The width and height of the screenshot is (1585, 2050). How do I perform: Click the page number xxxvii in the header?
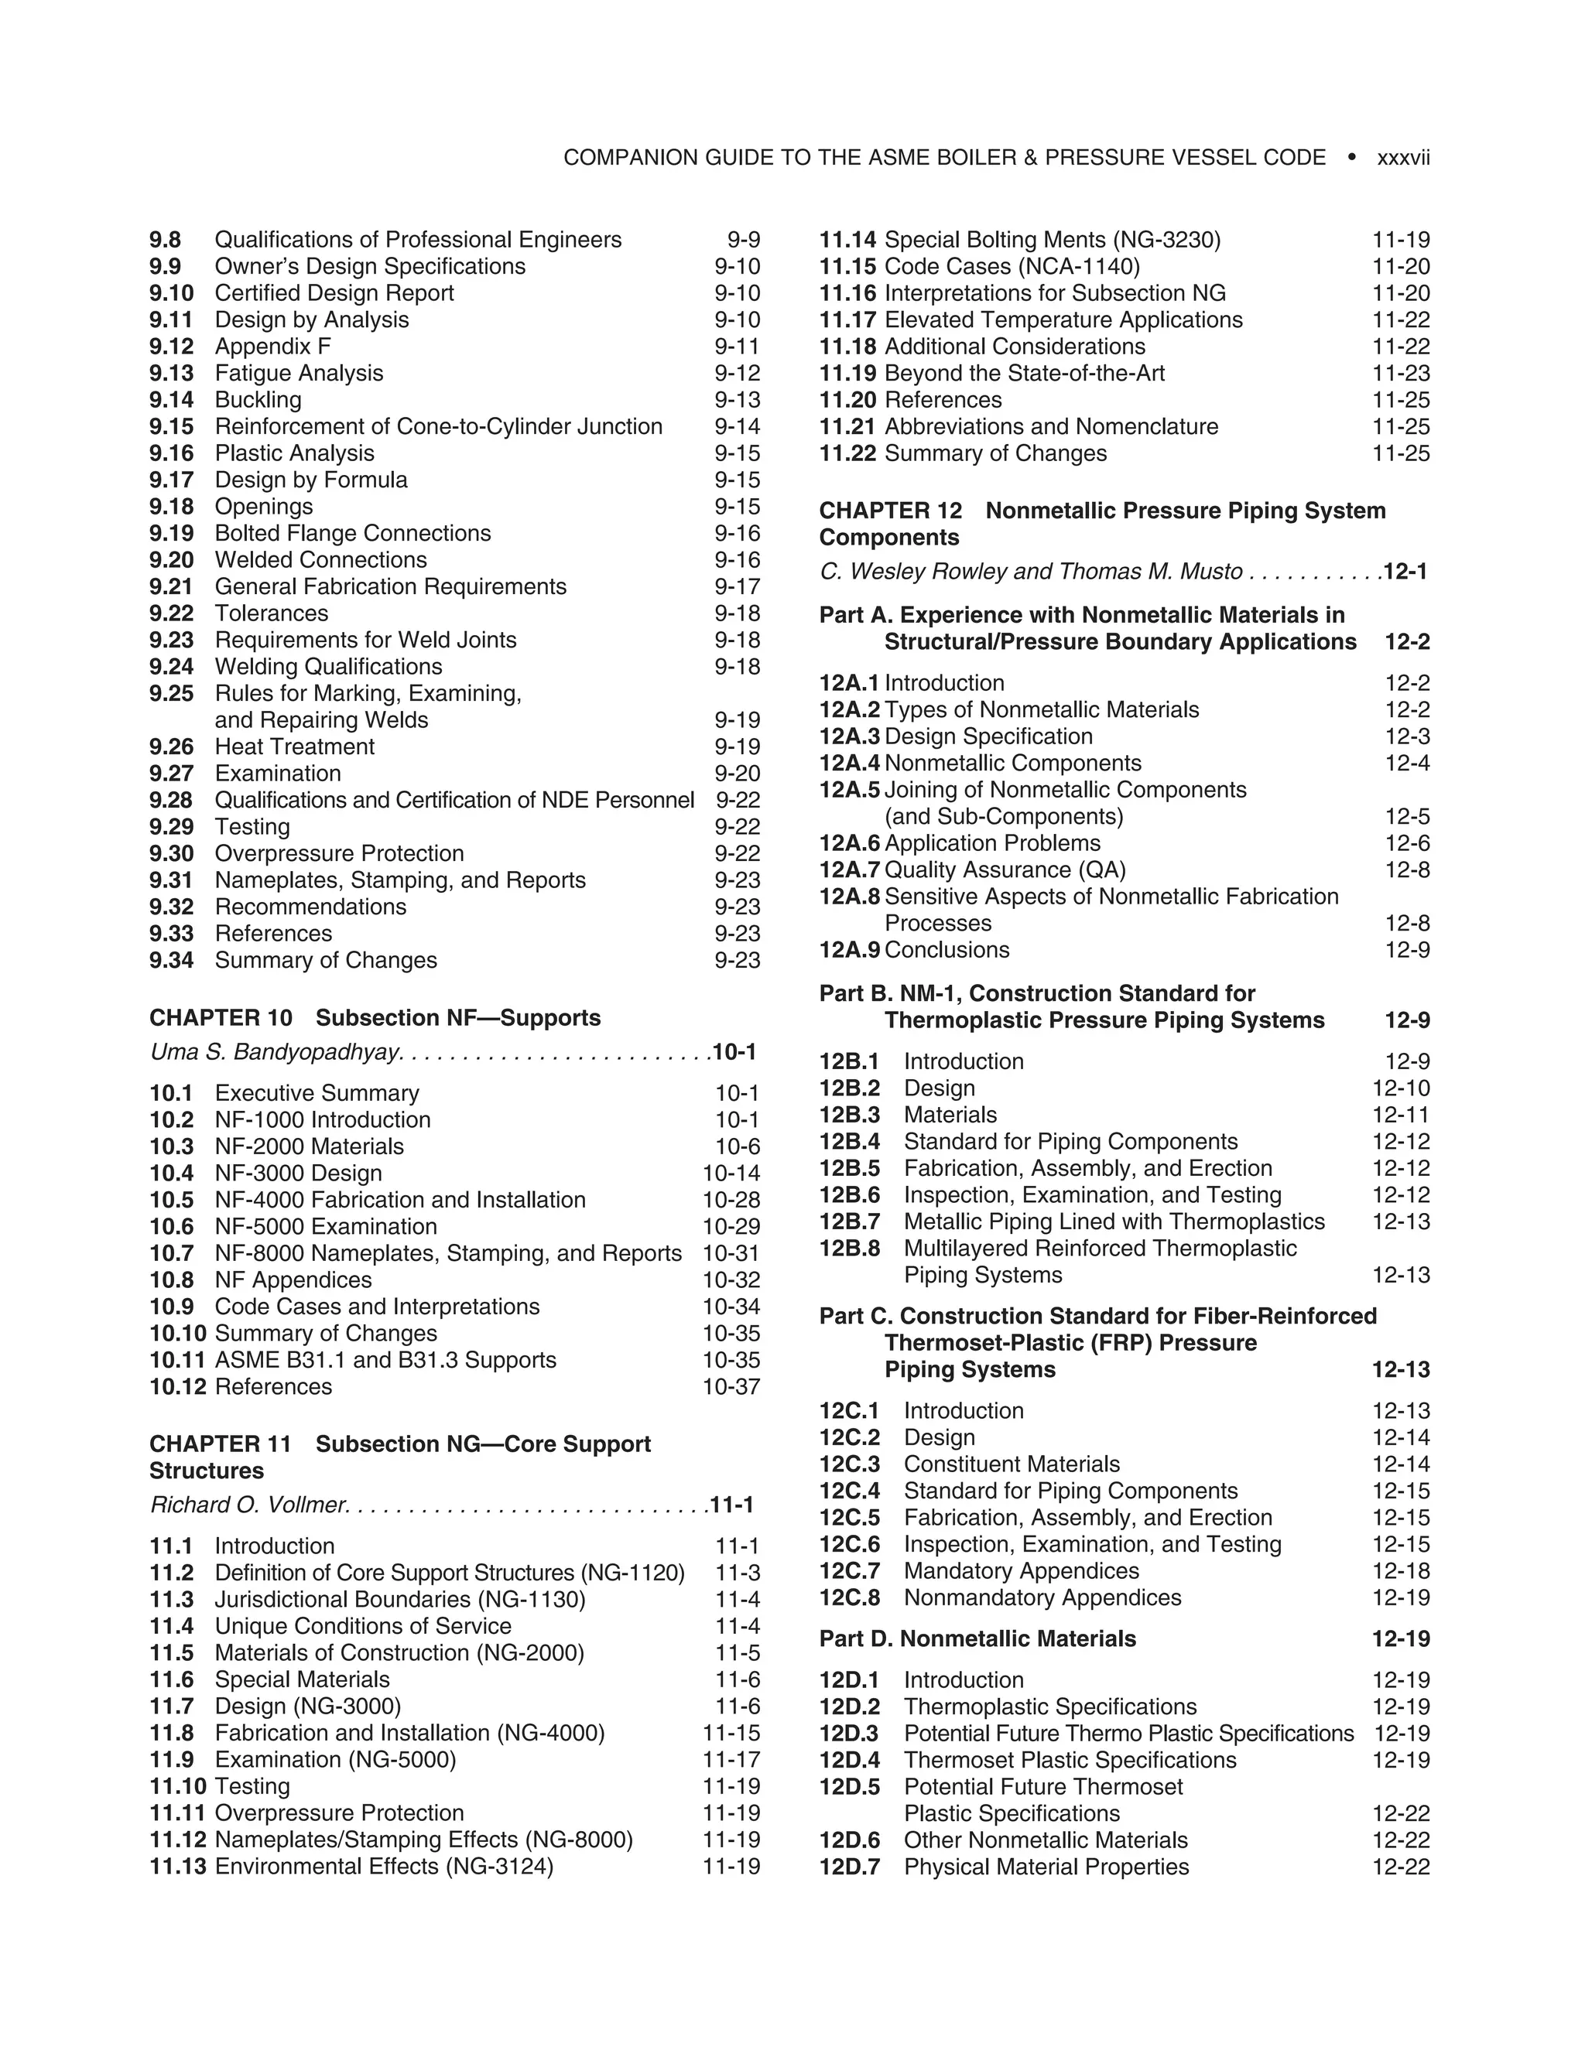[1403, 158]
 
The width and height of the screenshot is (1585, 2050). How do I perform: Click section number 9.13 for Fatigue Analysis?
[171, 374]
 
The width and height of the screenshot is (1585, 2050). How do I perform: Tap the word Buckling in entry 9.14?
[258, 400]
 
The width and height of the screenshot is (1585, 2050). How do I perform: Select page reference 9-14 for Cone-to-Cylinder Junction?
[737, 427]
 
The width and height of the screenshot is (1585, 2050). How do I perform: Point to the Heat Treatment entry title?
[294, 747]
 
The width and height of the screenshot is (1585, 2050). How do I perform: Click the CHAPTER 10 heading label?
[221, 1019]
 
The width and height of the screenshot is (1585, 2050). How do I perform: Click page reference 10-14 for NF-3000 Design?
[731, 1174]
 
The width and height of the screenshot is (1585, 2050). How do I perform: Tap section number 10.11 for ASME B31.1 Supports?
[176, 1360]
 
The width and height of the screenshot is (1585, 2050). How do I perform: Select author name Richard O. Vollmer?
[249, 1505]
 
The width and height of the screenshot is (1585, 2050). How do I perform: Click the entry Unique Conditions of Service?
[362, 1627]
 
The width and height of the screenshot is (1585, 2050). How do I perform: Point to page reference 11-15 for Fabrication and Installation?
[731, 1733]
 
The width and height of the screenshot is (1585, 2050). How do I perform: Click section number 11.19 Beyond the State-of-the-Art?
[847, 374]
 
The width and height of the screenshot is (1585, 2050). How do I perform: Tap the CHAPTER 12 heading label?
[890, 511]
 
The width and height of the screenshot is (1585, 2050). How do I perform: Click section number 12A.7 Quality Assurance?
[849, 870]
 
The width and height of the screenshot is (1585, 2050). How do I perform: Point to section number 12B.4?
[849, 1143]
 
